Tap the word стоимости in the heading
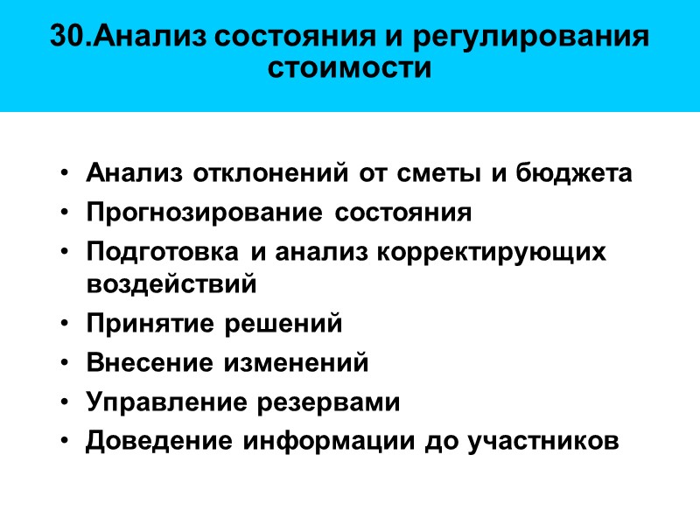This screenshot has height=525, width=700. tap(350, 67)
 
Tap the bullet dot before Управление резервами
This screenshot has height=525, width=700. tap(67, 403)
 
